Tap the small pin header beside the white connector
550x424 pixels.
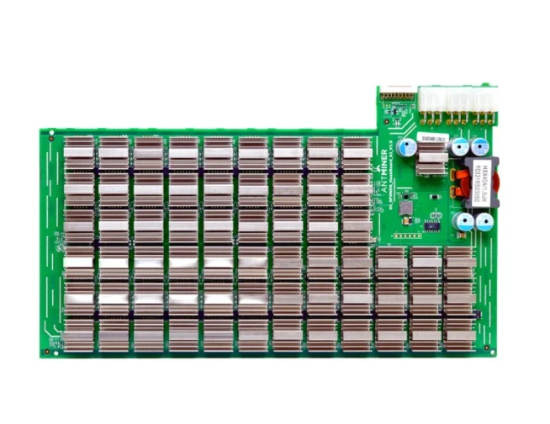[x=398, y=96]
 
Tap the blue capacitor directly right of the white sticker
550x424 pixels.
[x=460, y=146]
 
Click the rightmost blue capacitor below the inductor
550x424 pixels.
[x=484, y=223]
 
